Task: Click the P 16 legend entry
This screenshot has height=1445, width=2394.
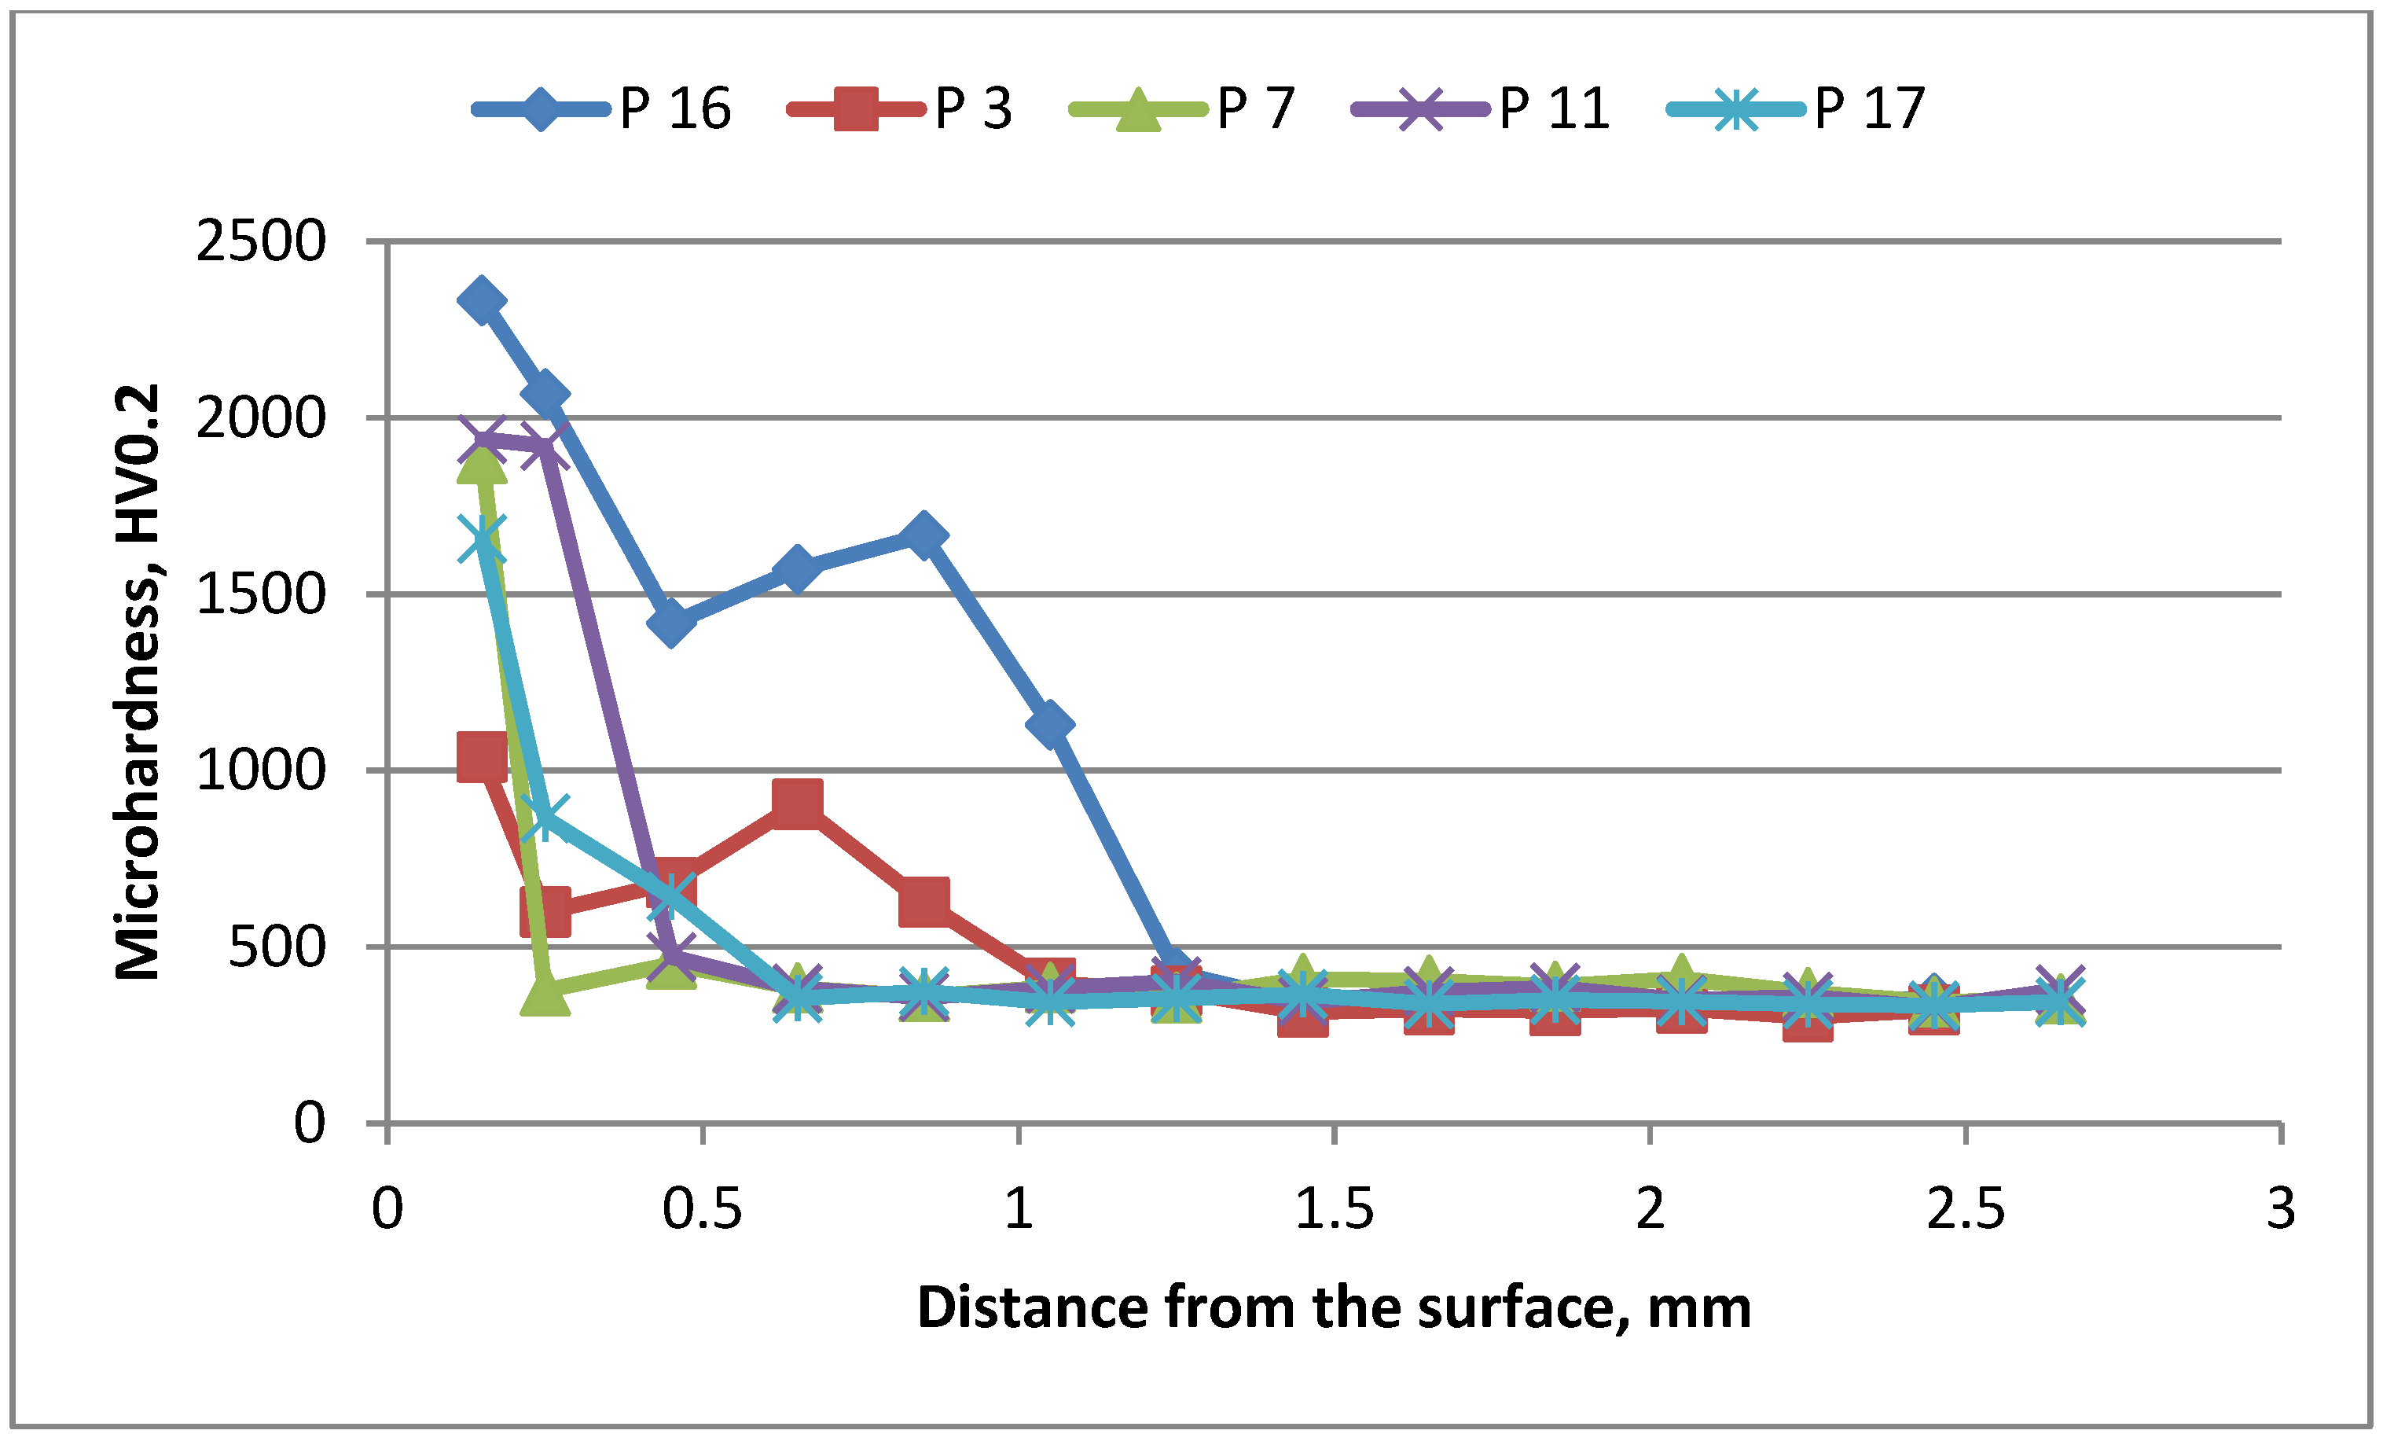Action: point(602,108)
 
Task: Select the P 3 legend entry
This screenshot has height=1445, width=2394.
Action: point(901,108)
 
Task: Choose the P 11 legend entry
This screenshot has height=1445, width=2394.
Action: point(1482,108)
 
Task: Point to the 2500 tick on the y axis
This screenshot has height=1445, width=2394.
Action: point(260,241)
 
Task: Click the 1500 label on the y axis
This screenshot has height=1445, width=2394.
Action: point(260,594)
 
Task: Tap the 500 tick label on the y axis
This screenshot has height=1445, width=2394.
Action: point(276,947)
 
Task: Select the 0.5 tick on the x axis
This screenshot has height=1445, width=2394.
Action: point(702,1209)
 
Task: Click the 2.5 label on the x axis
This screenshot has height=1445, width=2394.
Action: point(1965,1209)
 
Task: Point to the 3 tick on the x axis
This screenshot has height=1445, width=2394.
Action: point(2280,1209)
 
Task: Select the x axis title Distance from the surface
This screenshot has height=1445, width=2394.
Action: point(1333,1308)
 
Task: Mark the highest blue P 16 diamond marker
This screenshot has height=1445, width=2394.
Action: point(481,300)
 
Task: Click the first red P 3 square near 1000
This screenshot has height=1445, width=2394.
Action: point(481,757)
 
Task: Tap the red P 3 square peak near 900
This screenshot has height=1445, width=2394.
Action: point(798,803)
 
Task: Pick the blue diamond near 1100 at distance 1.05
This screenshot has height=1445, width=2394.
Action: point(1049,725)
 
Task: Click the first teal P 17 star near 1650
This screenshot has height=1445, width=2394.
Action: point(481,539)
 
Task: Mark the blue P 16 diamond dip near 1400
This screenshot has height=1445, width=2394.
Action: point(670,622)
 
